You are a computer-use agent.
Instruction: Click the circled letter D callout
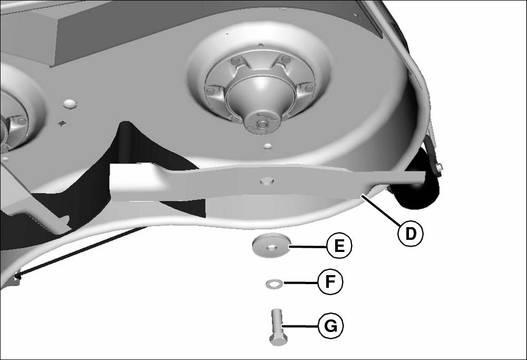coord(411,233)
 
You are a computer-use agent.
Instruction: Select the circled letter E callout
coord(339,246)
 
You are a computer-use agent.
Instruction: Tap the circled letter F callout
coord(330,281)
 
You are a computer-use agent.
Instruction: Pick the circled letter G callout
coord(331,326)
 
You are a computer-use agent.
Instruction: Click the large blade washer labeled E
coord(271,246)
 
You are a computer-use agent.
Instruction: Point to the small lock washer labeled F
coord(275,284)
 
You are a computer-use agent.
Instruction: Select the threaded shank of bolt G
coord(277,322)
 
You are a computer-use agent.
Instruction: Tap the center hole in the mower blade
coord(267,181)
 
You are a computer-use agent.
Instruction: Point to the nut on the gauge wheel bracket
coord(438,167)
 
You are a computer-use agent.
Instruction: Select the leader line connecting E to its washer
coord(308,247)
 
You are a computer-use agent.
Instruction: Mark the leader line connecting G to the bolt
coord(300,326)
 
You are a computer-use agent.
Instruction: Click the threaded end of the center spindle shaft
coord(261,124)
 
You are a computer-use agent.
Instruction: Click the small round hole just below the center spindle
coord(268,146)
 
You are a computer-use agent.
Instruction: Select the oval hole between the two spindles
coord(70,103)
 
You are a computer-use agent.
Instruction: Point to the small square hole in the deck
coord(62,123)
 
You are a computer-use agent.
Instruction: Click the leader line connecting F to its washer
coord(301,283)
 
